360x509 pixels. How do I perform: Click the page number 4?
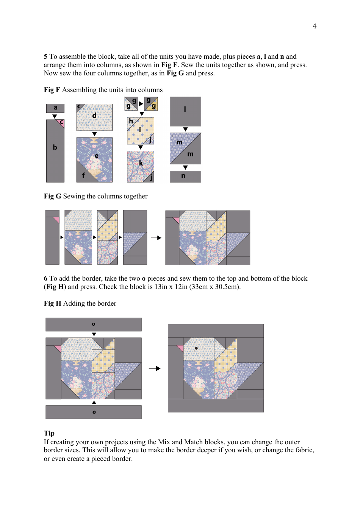coord(315,26)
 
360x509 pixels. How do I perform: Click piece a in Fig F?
coord(55,108)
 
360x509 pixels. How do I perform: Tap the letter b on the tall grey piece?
coord(55,147)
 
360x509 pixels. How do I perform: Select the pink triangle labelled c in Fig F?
coord(61,123)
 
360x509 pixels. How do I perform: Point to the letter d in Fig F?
coord(94,116)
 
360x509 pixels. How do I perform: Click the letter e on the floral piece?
coord(96,156)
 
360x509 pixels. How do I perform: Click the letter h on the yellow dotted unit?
coord(131,121)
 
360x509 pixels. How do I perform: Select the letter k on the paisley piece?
coord(141,163)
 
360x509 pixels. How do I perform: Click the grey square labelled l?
coord(185,111)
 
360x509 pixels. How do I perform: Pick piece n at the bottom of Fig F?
coord(185,176)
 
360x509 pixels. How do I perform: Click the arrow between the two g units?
coord(141,104)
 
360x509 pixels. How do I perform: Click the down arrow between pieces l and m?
coord(185,130)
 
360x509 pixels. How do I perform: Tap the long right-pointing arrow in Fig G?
coord(156,238)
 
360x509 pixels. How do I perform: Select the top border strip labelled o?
coord(94,324)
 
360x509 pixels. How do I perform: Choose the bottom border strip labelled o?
coord(94,412)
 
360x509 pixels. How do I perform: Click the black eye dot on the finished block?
coord(196,348)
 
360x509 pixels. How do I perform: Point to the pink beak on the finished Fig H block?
coord(180,348)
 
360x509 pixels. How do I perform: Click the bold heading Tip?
coord(49,433)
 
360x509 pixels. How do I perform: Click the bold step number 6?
coord(45,278)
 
